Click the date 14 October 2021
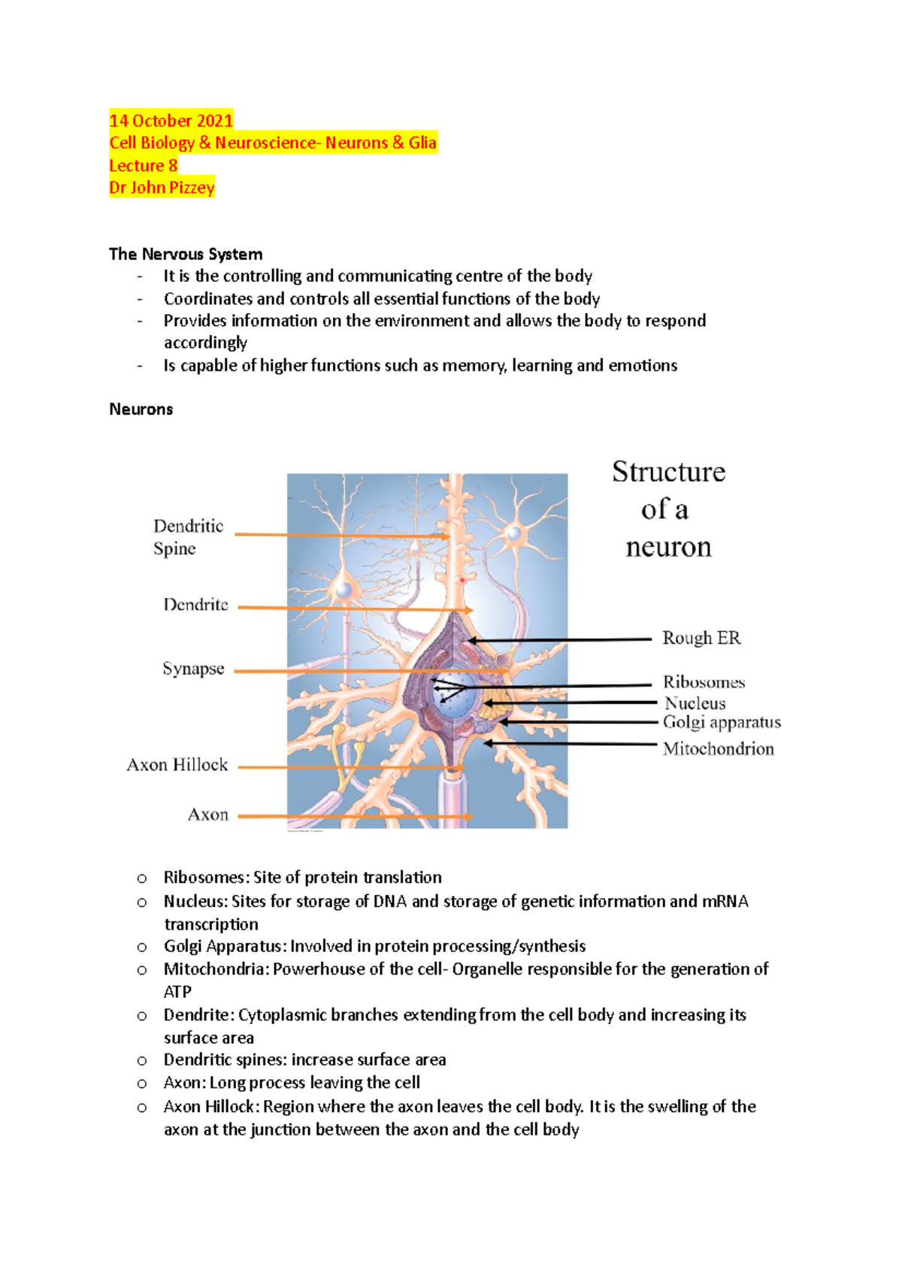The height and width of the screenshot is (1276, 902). click(171, 121)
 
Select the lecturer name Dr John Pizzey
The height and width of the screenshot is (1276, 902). click(162, 188)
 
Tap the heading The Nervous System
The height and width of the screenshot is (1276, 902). click(186, 254)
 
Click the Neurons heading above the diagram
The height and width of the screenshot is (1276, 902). click(141, 410)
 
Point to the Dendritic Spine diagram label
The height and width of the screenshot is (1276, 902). click(188, 537)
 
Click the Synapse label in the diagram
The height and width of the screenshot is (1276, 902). click(193, 669)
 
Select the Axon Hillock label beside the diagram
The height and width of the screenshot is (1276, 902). click(177, 765)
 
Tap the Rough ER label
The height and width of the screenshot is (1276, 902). click(701, 638)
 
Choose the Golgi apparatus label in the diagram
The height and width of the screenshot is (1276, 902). click(722, 722)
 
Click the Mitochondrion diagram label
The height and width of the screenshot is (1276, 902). click(718, 748)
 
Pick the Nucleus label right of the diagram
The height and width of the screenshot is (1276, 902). click(695, 703)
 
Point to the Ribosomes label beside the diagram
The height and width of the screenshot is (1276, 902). click(704, 682)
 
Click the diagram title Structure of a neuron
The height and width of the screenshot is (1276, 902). click(668, 509)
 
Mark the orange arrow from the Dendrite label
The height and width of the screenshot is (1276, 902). click(353, 609)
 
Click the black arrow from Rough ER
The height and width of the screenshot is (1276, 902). click(560, 640)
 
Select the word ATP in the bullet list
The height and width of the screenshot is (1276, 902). click(177, 992)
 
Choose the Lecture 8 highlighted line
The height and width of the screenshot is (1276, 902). click(143, 165)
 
